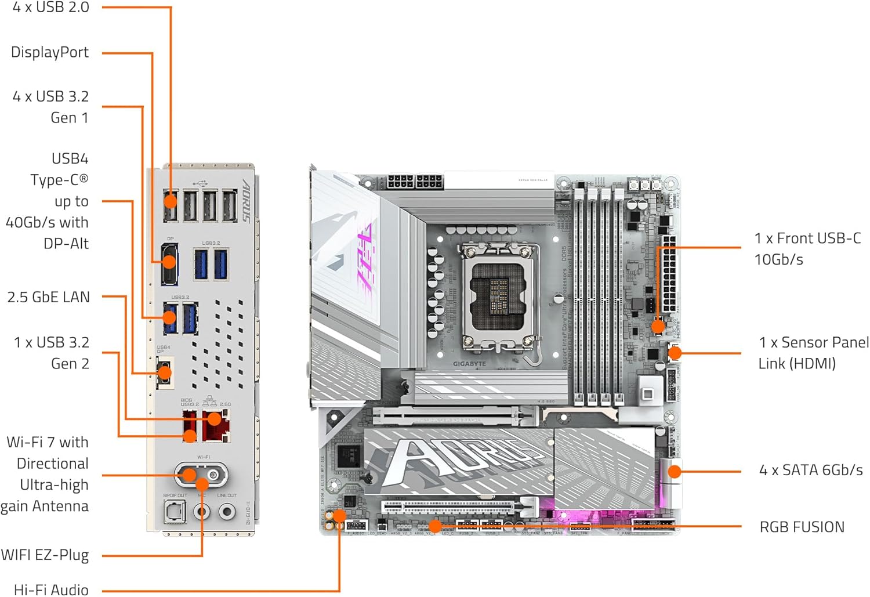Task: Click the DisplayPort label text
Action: click(x=50, y=53)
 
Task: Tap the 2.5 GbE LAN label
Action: click(x=49, y=297)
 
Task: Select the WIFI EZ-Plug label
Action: click(x=45, y=555)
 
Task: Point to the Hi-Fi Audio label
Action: click(x=51, y=589)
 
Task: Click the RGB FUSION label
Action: click(x=802, y=527)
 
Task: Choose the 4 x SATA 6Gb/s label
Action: click(x=811, y=470)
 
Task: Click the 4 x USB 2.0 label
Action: click(x=51, y=8)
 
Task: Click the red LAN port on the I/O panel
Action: click(x=216, y=426)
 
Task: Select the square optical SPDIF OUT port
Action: click(x=174, y=512)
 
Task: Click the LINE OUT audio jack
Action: click(x=227, y=512)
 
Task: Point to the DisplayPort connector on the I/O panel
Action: click(x=169, y=264)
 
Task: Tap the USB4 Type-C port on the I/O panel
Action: click(x=165, y=372)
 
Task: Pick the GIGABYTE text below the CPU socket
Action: click(x=469, y=364)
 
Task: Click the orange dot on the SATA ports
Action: click(x=674, y=471)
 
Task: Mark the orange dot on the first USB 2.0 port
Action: click(x=171, y=201)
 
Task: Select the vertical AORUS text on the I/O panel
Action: click(x=246, y=201)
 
